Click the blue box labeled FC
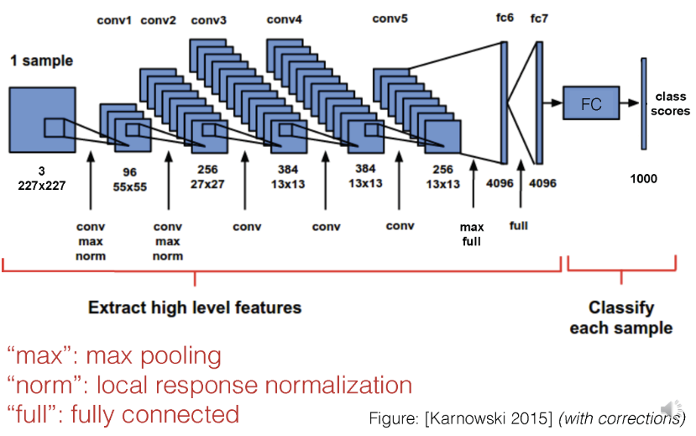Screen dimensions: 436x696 (591, 104)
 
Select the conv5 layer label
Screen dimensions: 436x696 (390, 18)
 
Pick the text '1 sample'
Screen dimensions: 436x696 (41, 60)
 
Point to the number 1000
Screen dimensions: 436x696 (644, 178)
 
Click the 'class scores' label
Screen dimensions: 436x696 (672, 104)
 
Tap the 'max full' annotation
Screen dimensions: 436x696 (471, 234)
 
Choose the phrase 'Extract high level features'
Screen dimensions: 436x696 (194, 307)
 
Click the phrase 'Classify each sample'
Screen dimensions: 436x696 (620, 318)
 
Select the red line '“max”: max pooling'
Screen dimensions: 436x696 (114, 356)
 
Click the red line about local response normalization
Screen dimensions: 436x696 (209, 386)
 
